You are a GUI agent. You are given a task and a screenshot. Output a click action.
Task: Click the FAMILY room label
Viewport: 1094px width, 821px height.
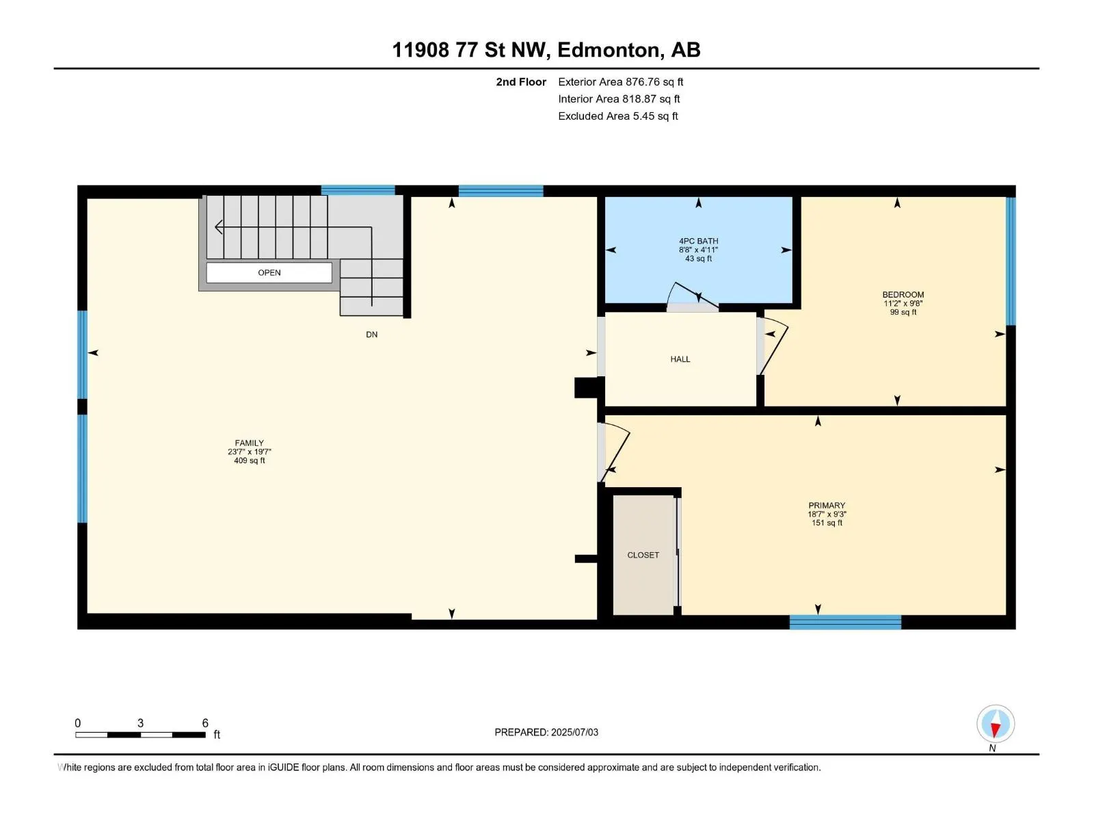pos(249,443)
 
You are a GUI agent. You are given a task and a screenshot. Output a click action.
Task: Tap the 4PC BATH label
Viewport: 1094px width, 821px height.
pos(698,241)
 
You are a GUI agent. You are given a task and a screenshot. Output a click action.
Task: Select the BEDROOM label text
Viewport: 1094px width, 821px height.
pos(903,295)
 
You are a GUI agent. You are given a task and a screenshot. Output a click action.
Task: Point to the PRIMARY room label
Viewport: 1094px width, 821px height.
pos(827,505)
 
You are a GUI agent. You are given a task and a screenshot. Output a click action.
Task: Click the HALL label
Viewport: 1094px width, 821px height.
pos(680,359)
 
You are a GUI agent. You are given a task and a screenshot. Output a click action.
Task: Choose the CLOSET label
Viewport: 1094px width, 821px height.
pos(643,555)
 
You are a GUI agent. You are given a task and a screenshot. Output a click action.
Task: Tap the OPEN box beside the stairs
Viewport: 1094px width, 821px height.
pos(269,273)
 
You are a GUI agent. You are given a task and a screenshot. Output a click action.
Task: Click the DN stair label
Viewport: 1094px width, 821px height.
pos(371,335)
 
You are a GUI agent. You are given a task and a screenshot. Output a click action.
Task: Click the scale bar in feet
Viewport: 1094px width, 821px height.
pos(140,734)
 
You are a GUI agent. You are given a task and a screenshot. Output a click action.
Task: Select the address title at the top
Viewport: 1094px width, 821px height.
pos(546,50)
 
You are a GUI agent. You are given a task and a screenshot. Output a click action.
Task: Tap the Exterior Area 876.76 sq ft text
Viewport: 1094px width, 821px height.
pos(621,81)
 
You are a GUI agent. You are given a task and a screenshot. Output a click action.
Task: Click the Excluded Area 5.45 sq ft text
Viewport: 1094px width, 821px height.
pos(618,116)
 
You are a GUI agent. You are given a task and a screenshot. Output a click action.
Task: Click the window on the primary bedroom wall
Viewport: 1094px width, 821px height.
pos(845,622)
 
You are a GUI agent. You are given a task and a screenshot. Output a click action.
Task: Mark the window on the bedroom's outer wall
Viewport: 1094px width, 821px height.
pos(1011,261)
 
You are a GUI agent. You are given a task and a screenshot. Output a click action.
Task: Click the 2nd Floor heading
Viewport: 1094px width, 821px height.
pos(521,81)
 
